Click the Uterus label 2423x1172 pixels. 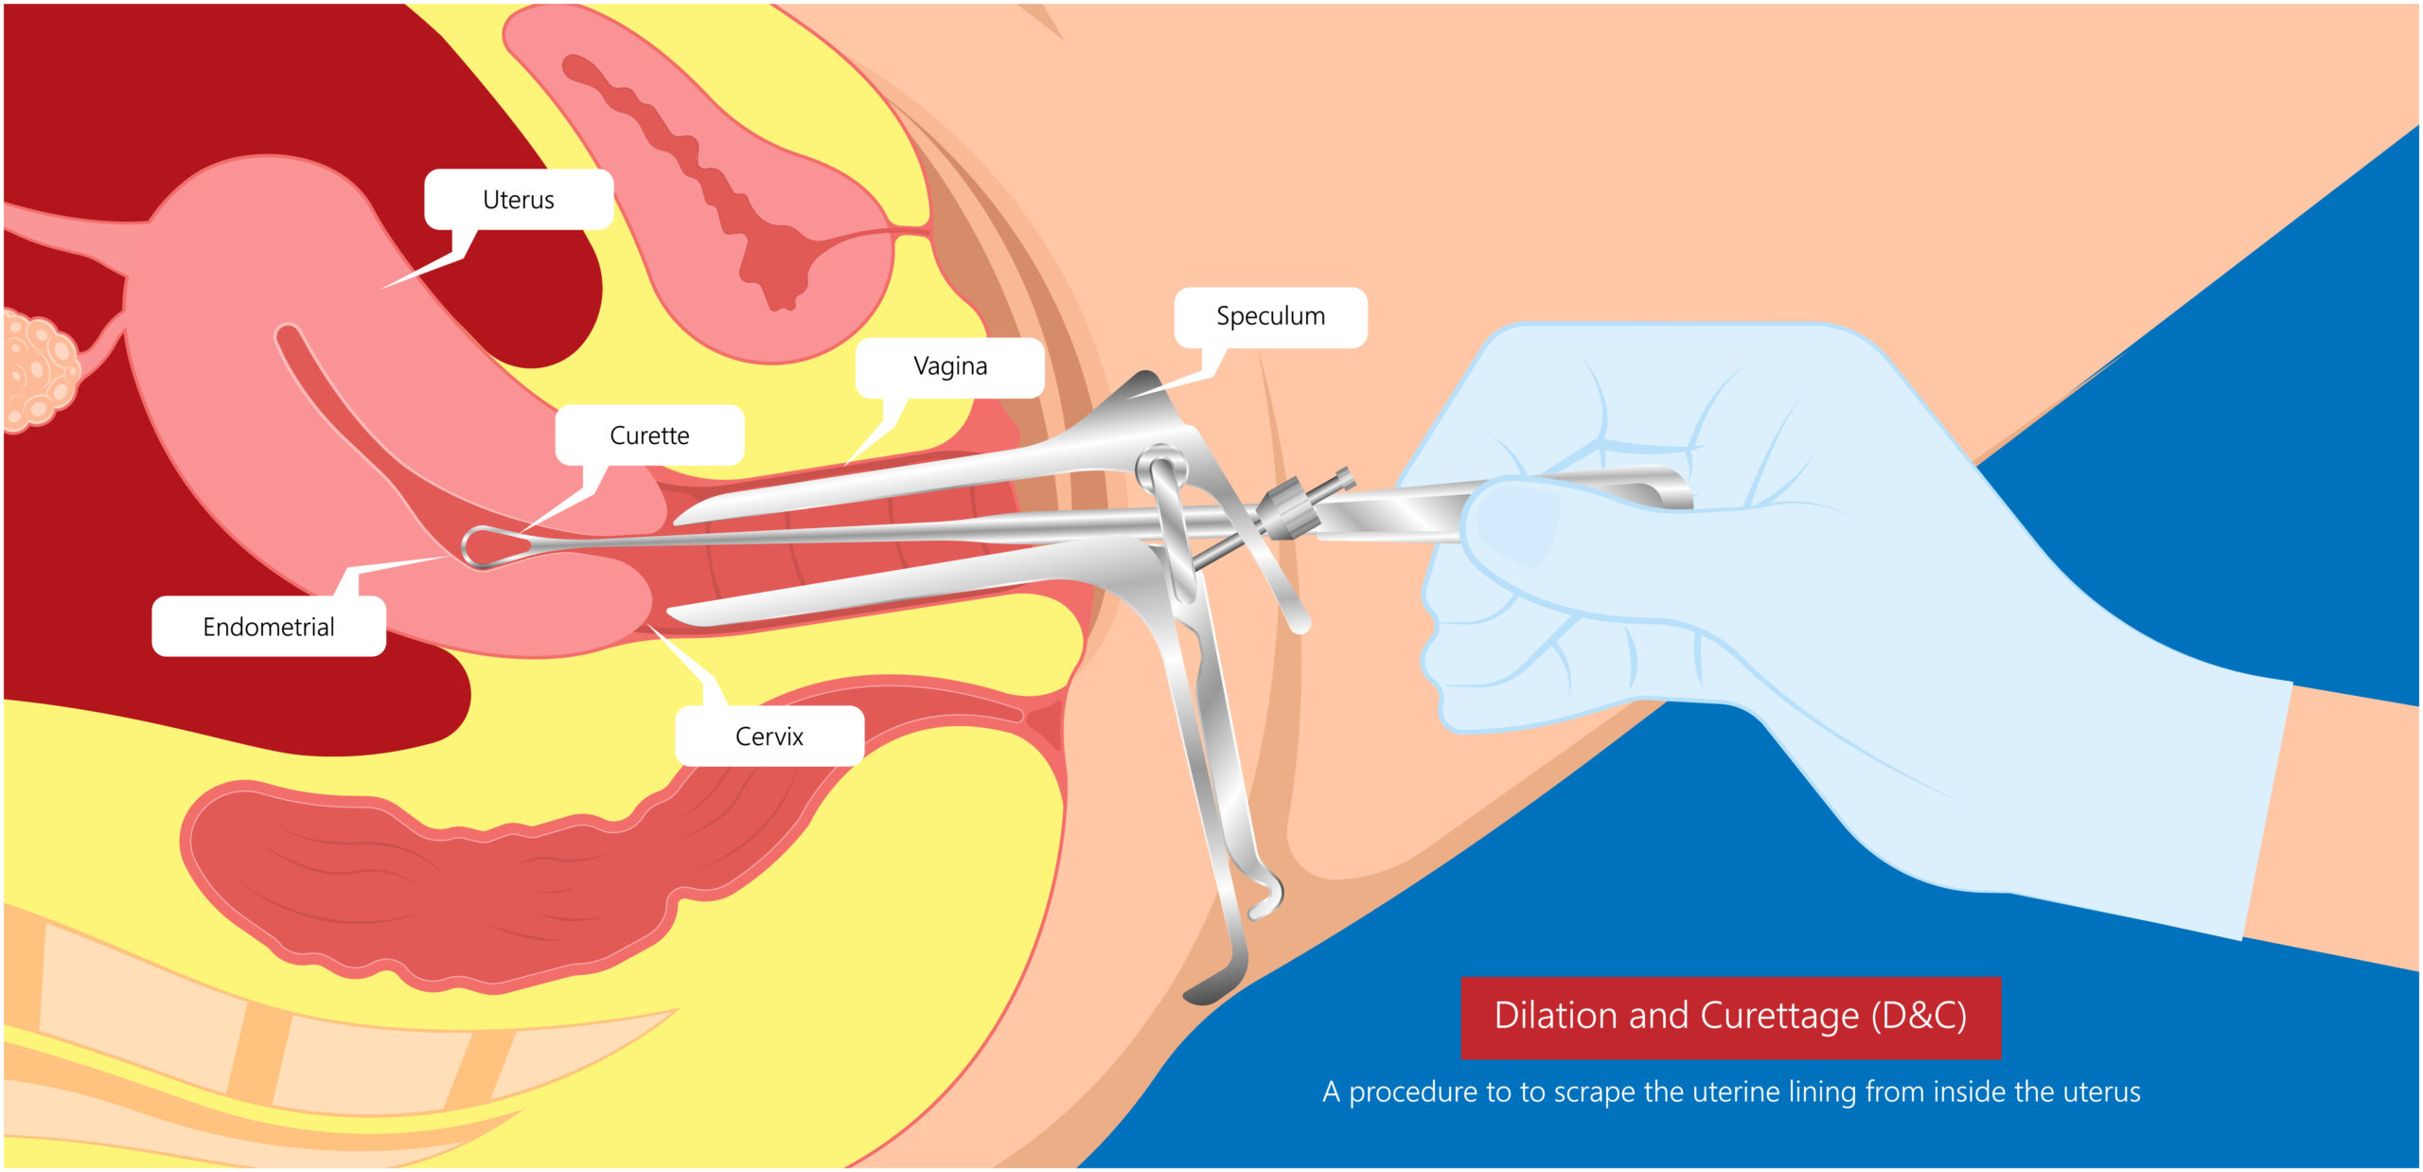518,200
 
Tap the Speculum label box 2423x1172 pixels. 1270,316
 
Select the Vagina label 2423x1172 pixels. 949,366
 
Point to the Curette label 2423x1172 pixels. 649,435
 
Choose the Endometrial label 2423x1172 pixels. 269,627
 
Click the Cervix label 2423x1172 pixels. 769,737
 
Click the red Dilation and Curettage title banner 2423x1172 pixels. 1730,1017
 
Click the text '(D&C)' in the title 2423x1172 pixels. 1919,1016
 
